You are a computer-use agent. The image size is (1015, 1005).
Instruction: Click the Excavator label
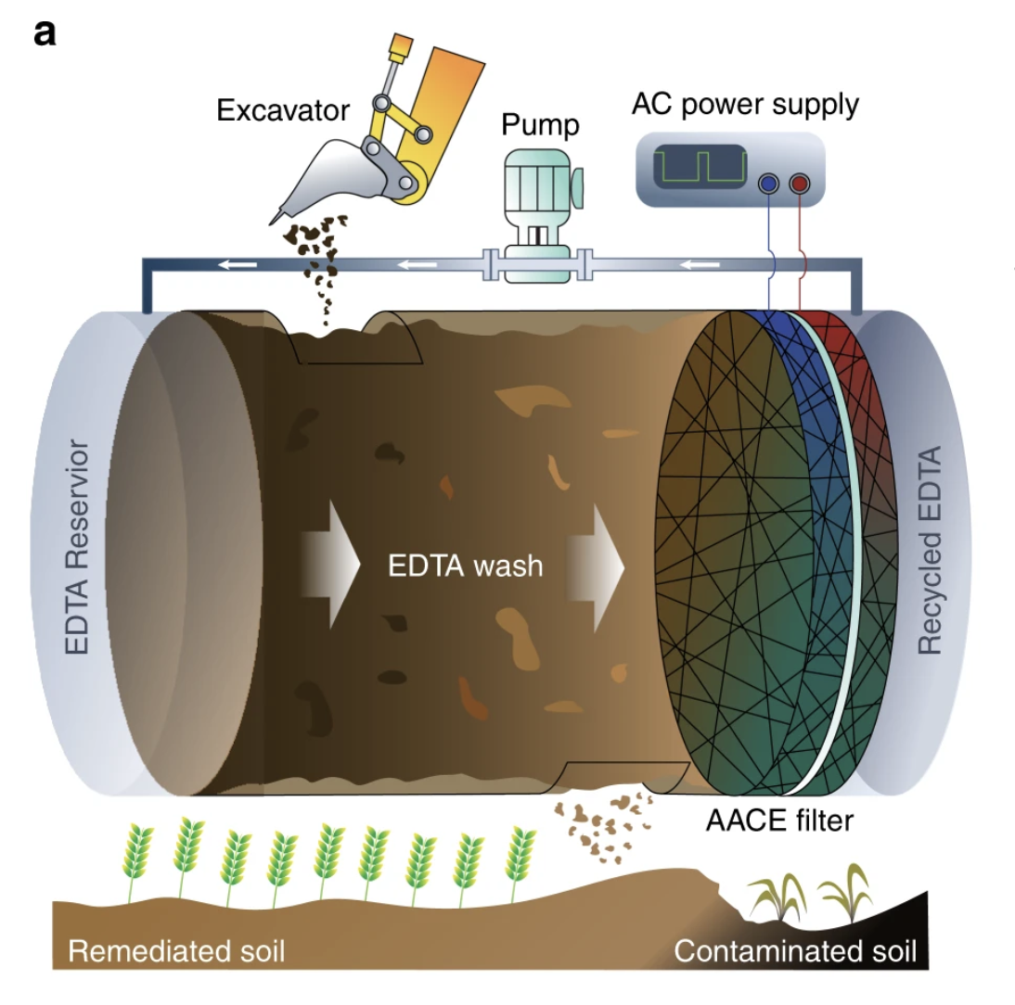(283, 111)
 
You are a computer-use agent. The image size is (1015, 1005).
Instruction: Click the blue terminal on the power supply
(768, 184)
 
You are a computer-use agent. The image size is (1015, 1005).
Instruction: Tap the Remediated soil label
(177, 951)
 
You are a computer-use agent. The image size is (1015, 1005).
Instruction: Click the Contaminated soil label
(795, 951)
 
